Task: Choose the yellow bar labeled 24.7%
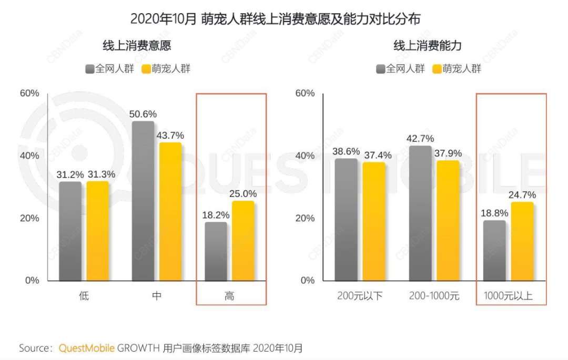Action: (x=522, y=241)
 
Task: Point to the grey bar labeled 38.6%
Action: (x=346, y=219)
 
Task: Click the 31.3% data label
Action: (x=101, y=174)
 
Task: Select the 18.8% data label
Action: (x=494, y=213)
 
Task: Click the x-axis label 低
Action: (x=84, y=296)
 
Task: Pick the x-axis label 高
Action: (x=229, y=296)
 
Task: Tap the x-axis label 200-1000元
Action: (x=434, y=296)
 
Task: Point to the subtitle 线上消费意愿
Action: (x=137, y=45)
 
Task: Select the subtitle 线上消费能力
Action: (x=428, y=45)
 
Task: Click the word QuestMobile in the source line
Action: (x=86, y=348)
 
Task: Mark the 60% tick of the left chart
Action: (x=29, y=94)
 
